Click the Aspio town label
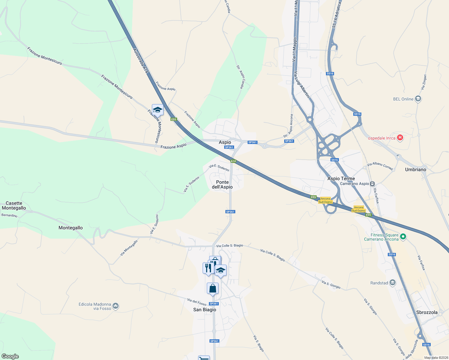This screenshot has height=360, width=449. (x=225, y=142)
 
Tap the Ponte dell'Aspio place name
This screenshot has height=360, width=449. (x=222, y=184)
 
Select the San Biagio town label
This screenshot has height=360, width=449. (x=204, y=310)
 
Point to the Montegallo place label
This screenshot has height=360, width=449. (x=71, y=228)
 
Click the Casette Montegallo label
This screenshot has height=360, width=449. (x=14, y=205)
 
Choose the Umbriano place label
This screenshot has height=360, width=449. (x=415, y=169)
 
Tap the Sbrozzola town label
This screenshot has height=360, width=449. (x=427, y=312)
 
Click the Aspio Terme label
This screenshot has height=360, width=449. (x=341, y=178)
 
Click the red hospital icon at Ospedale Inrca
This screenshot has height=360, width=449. (x=400, y=138)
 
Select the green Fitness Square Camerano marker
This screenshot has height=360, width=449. (x=403, y=237)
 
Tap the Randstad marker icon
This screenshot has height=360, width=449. (x=393, y=283)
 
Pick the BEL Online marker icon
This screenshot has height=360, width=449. (x=418, y=99)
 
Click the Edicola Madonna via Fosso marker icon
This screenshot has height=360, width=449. (x=116, y=306)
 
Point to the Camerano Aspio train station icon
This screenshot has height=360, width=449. (x=372, y=184)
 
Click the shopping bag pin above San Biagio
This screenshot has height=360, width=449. (x=212, y=289)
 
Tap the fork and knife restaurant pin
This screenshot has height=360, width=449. (x=208, y=268)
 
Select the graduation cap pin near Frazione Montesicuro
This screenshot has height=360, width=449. (x=157, y=110)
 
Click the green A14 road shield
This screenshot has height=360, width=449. (x=233, y=161)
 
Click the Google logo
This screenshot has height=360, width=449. (x=10, y=356)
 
